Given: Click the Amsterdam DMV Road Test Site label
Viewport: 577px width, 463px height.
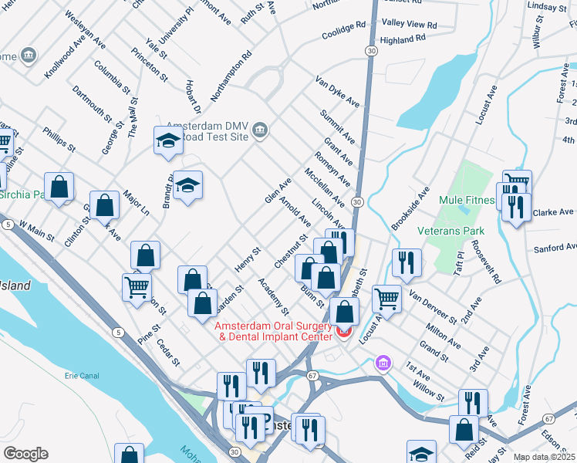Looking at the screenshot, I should (210, 131).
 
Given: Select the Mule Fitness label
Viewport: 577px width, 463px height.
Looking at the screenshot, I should (466, 200).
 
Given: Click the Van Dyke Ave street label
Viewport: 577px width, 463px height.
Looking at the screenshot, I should (337, 91).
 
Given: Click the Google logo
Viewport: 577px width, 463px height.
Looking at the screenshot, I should (25, 454).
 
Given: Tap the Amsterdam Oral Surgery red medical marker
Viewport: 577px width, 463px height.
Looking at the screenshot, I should (344, 331).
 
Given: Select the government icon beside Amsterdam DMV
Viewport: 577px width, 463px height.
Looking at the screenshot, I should (259, 130).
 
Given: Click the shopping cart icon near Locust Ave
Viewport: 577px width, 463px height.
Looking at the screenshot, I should (386, 298).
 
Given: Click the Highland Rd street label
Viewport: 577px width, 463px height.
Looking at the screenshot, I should (403, 39).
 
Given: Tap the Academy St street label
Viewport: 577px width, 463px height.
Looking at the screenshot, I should (273, 296).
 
